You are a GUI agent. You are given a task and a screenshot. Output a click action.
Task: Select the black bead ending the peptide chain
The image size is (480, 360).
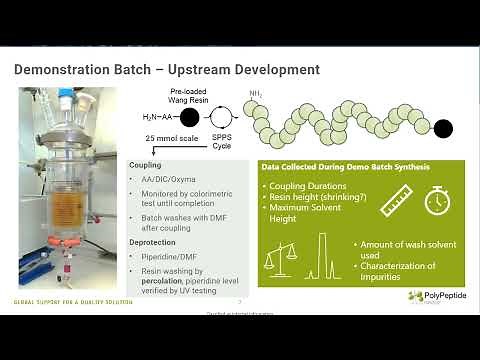[x=443, y=129]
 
